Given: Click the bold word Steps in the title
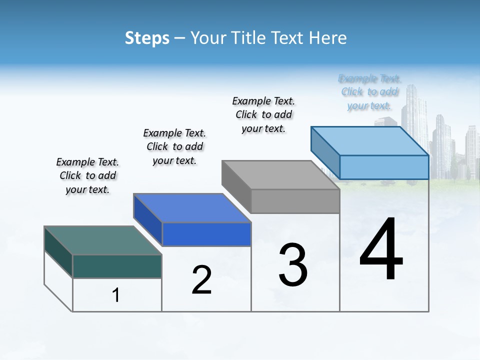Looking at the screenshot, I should click(147, 38).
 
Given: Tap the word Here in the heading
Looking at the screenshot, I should click(328, 38).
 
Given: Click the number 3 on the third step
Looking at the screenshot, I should click(293, 265).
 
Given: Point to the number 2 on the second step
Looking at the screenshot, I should click(201, 280).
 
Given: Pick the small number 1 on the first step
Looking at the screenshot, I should click(116, 295).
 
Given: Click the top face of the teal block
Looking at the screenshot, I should click(102, 240).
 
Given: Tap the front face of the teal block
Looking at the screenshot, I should click(117, 266).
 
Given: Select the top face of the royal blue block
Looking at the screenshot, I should click(192, 208).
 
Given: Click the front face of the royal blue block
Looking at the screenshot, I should click(206, 234).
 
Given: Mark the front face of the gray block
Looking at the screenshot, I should click(295, 201).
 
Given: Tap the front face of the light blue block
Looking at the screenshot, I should click(384, 167).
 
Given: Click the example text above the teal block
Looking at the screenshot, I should click(87, 175).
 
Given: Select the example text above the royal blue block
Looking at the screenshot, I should click(174, 146).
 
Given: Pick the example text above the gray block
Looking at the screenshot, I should click(263, 114).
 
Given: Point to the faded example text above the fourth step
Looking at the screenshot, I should click(369, 92).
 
